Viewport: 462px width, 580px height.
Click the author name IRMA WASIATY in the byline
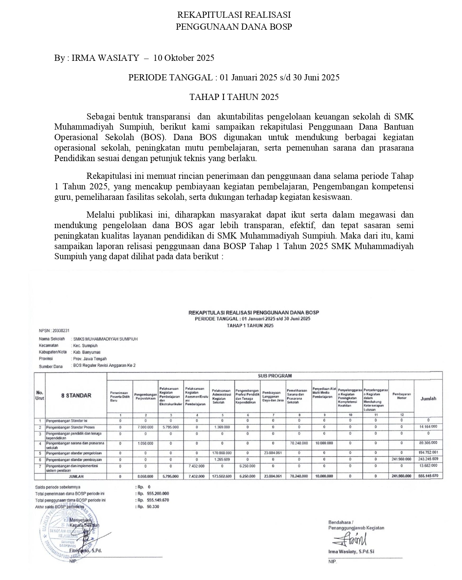click(x=105, y=58)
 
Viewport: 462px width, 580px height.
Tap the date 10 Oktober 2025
click(x=184, y=58)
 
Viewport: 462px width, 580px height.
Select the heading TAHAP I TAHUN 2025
click(x=234, y=97)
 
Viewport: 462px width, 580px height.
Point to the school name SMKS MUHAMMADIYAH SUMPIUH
click(x=105, y=339)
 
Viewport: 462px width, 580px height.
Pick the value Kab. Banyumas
click(x=87, y=352)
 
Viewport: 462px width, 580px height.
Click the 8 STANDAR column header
click(x=76, y=396)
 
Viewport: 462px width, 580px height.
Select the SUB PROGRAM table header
click(x=274, y=376)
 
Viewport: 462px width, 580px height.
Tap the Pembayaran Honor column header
click(x=401, y=396)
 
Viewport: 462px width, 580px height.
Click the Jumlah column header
click(x=428, y=399)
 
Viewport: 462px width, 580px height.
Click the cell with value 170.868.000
click(x=222, y=453)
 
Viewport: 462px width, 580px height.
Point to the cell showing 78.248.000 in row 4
click(x=299, y=443)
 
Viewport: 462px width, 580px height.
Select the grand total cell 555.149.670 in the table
click(x=428, y=476)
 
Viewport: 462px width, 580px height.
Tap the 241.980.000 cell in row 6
click(x=401, y=459)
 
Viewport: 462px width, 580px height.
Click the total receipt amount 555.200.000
click(x=158, y=493)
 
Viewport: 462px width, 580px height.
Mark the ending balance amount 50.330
click(x=153, y=507)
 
